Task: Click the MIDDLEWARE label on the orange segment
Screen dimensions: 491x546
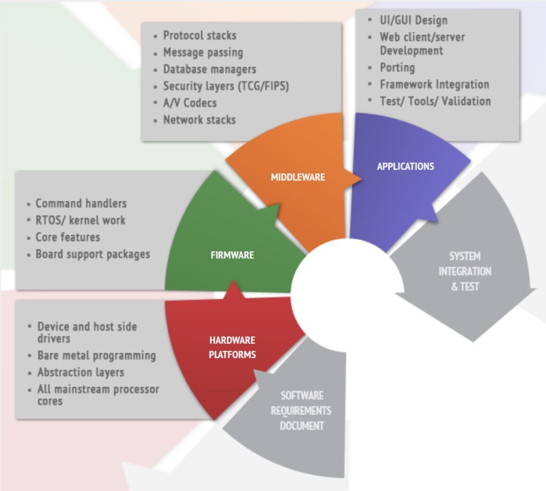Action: tap(298, 177)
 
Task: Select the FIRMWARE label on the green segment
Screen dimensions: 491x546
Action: tap(232, 255)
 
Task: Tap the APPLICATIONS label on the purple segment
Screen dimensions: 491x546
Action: tap(405, 167)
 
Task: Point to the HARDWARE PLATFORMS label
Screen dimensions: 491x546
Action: tap(232, 347)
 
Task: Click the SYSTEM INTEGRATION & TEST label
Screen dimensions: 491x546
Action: tap(464, 271)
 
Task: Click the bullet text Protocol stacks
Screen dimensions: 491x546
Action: tap(199, 36)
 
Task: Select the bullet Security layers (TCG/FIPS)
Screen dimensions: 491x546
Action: tap(226, 86)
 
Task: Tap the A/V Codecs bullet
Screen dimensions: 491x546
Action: tap(190, 103)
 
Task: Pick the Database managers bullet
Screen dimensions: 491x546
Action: tap(210, 69)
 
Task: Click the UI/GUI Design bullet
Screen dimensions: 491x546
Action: tap(413, 21)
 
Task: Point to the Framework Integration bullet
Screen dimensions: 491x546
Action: tap(434, 84)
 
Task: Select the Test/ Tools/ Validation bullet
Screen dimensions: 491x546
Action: tap(435, 101)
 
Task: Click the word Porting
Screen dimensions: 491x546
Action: tap(397, 68)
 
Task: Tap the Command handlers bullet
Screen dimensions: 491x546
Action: tap(81, 203)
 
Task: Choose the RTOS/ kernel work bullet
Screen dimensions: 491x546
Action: tap(81, 220)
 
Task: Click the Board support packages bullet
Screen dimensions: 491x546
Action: tap(93, 254)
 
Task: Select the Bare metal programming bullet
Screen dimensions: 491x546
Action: tap(97, 355)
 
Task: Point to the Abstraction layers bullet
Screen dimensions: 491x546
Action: tap(81, 373)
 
